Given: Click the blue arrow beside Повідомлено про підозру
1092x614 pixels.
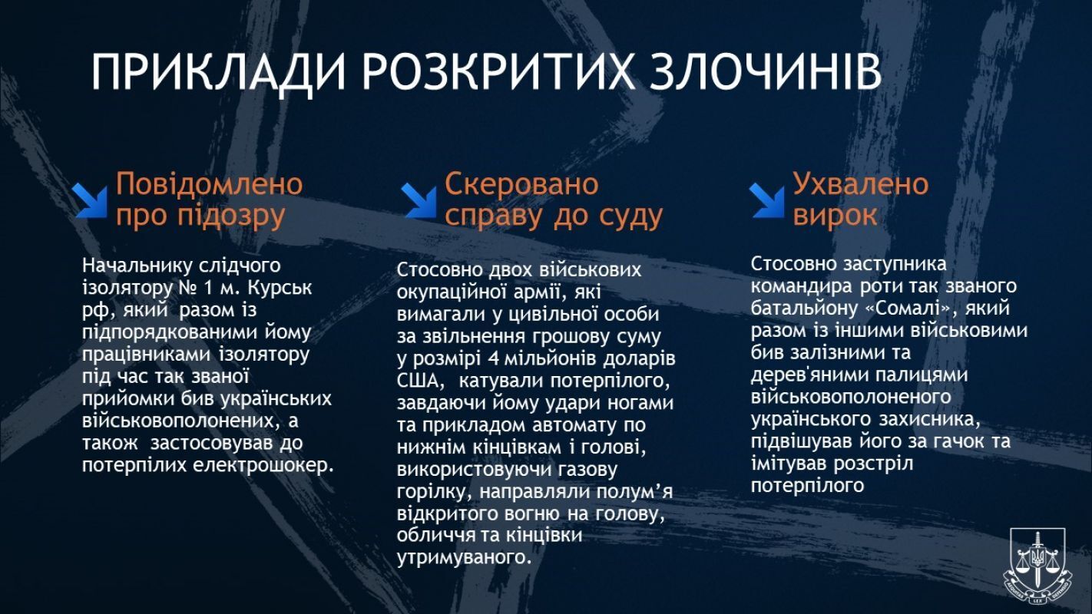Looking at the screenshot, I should click(91, 200).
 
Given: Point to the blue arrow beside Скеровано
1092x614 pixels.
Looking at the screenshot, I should click(419, 200).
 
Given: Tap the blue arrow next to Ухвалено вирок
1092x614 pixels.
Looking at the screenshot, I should click(768, 200).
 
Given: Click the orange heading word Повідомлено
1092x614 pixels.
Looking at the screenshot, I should click(209, 184).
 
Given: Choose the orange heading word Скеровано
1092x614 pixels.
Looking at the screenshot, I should click(521, 184).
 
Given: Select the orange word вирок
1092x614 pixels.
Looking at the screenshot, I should click(835, 216).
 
